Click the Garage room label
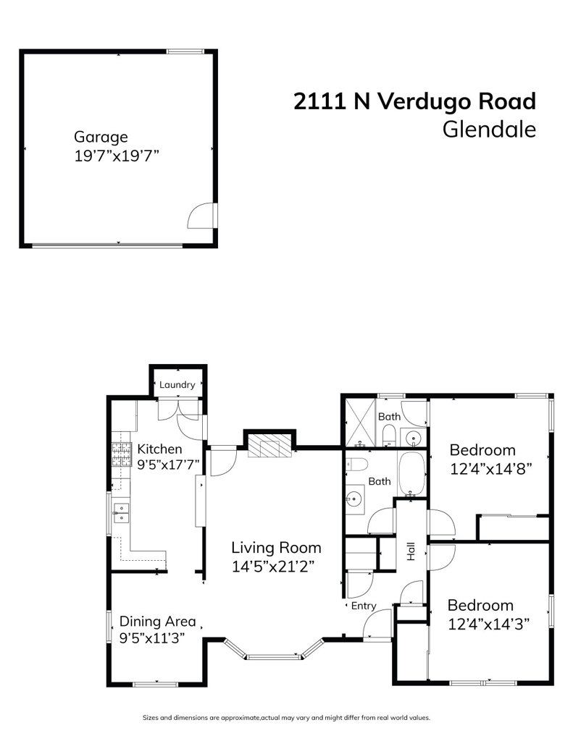point(101,137)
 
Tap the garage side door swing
point(201,216)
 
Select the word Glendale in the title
point(489,130)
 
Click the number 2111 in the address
point(319,101)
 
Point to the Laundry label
point(177,385)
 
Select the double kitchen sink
point(121,513)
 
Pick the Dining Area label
point(157,621)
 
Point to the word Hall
point(411,553)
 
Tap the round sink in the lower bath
point(355,499)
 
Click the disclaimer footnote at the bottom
point(286,718)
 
